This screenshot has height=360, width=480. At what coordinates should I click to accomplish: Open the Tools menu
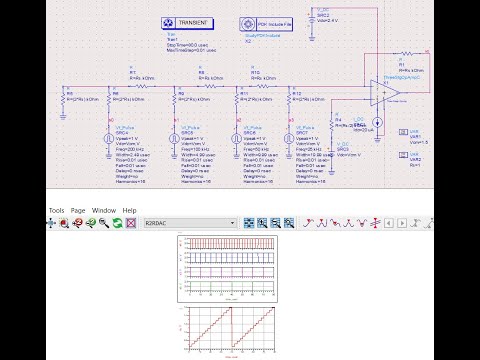point(56,210)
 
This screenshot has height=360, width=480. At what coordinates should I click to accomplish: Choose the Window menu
point(104,210)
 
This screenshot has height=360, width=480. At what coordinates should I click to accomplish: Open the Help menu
point(129,210)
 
